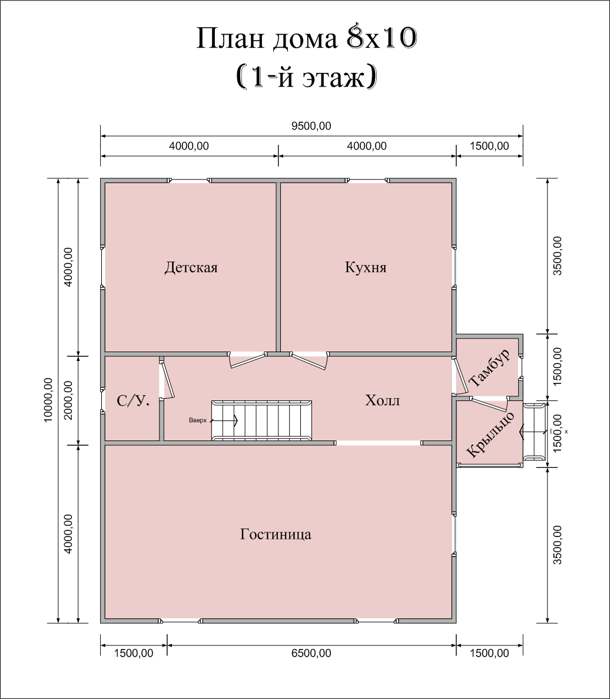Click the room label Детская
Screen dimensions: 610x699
pyautogui.click(x=191, y=267)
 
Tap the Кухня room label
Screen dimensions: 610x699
pyautogui.click(x=366, y=267)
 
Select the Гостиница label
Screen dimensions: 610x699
pyautogui.click(x=276, y=534)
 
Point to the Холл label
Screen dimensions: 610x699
pyautogui.click(x=382, y=400)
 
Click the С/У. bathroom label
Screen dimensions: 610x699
pyautogui.click(x=133, y=401)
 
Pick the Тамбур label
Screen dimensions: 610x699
pyautogui.click(x=489, y=368)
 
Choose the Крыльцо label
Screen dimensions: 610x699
pyautogui.click(x=490, y=435)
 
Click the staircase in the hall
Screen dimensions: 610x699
pyautogui.click(x=261, y=420)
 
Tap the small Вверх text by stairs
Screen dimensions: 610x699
pyautogui.click(x=198, y=420)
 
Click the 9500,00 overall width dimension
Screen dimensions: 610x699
pyautogui.click(x=311, y=126)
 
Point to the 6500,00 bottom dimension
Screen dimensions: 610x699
pyautogui.click(x=311, y=653)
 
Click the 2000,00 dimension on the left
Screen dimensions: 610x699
pyautogui.click(x=68, y=400)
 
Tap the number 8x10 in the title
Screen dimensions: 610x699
pyautogui.click(x=382, y=38)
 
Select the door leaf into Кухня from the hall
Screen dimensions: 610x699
pyautogui.click(x=309, y=361)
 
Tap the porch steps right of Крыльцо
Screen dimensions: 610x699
pyautogui.click(x=534, y=432)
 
